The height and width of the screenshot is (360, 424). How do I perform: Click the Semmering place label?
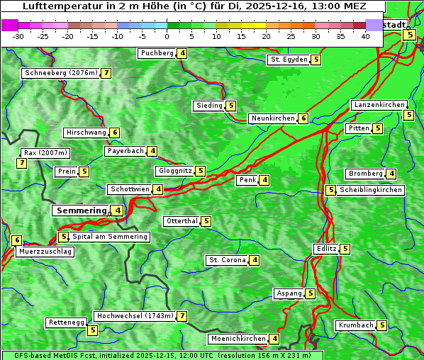(80, 210)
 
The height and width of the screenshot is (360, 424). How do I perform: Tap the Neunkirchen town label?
(272, 118)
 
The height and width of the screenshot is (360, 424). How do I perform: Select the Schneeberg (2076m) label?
(60, 73)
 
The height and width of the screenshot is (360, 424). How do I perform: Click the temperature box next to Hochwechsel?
(182, 316)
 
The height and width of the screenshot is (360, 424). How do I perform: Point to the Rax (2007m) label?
(45, 153)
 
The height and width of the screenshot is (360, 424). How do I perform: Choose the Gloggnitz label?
(174, 171)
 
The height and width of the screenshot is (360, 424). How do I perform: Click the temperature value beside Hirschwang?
(115, 133)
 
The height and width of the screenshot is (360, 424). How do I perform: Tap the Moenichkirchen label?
(238, 339)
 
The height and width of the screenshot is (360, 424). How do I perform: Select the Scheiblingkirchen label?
(370, 190)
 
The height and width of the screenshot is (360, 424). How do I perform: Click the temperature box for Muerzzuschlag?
(17, 240)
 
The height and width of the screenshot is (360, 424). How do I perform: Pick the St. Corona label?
(227, 260)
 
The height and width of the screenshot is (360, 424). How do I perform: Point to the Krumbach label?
(355, 325)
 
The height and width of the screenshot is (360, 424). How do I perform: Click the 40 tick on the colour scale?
(365, 36)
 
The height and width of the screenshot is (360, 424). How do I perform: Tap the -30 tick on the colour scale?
(18, 36)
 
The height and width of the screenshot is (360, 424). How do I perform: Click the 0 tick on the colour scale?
(167, 36)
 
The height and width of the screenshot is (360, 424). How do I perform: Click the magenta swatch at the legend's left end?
(9, 25)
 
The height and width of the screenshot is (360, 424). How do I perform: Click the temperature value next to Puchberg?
(182, 53)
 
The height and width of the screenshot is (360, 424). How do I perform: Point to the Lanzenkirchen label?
(379, 105)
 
